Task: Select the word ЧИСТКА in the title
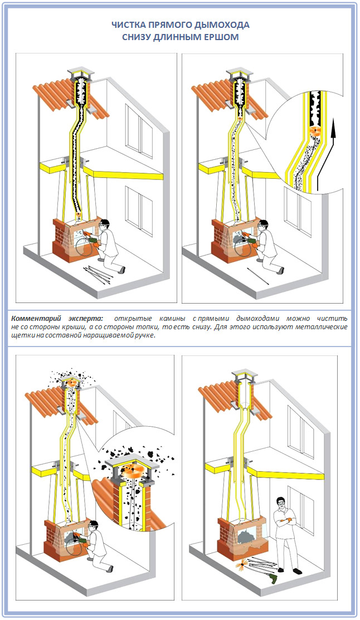128,26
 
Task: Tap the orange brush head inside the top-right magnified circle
316,130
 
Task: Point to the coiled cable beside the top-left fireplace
81,245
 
